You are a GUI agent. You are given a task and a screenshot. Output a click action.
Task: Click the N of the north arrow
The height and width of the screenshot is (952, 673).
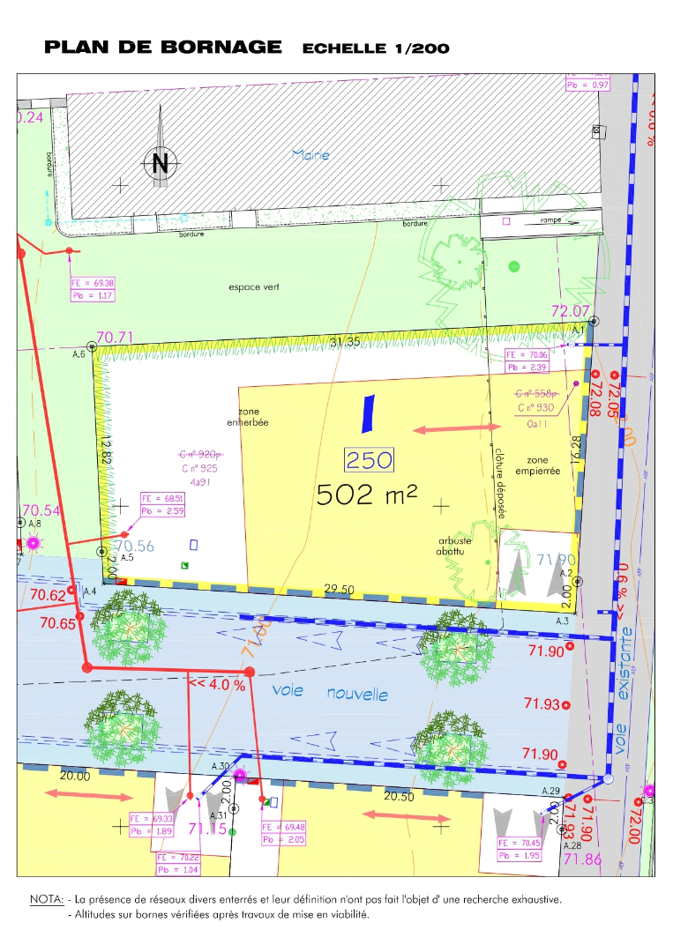click(160, 163)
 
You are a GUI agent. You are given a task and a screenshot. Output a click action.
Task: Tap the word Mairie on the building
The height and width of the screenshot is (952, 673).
click(310, 155)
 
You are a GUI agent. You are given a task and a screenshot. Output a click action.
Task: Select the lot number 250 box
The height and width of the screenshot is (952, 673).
click(368, 460)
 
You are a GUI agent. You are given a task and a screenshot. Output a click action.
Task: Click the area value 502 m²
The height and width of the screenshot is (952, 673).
click(367, 495)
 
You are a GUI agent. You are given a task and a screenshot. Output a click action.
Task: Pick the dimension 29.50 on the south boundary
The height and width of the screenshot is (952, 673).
click(340, 589)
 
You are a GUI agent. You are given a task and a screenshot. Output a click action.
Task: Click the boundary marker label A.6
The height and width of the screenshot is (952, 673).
click(78, 353)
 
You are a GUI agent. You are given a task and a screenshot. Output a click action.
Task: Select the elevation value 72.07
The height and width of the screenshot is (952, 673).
click(569, 310)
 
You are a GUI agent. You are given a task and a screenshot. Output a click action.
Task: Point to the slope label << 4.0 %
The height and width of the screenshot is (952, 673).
click(216, 683)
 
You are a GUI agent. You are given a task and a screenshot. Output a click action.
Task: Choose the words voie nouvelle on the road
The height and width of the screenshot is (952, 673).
click(330, 693)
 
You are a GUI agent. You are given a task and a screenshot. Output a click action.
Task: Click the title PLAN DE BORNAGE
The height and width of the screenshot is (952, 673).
click(163, 48)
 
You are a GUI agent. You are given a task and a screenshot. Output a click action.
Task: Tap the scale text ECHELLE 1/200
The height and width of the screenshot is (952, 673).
click(376, 48)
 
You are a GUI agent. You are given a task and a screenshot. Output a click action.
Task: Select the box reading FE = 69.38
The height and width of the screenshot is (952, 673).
click(93, 283)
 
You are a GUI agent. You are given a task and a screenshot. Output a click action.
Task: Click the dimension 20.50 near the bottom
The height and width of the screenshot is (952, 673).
click(400, 797)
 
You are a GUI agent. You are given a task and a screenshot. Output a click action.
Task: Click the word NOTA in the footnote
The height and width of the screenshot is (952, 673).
click(47, 900)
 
